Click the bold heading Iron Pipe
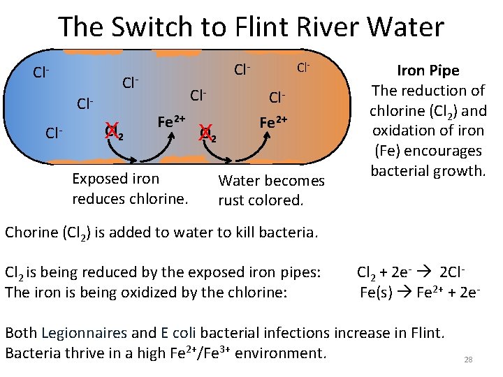point(428,71)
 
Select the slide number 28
point(468,360)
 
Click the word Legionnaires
point(85,333)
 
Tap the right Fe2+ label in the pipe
point(274,121)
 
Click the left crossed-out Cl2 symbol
point(114,131)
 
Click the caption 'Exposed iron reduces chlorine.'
point(130,188)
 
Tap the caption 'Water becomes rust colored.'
point(271,190)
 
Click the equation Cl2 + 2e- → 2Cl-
point(411,272)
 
